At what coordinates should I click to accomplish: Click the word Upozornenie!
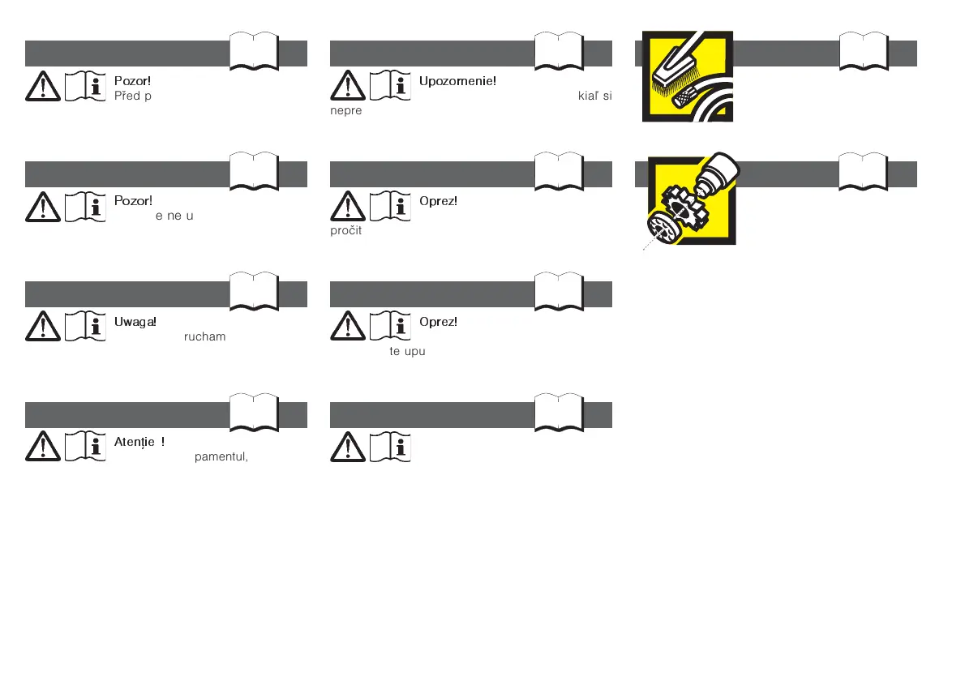457,81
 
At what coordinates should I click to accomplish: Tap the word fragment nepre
345,111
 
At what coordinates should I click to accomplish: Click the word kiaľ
588,96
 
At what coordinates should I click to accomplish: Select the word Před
127,96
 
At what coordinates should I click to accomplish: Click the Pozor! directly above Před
133,81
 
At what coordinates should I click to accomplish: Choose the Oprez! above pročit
438,201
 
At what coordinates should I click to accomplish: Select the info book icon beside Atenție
85,446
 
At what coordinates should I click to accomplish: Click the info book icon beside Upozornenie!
390,85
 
